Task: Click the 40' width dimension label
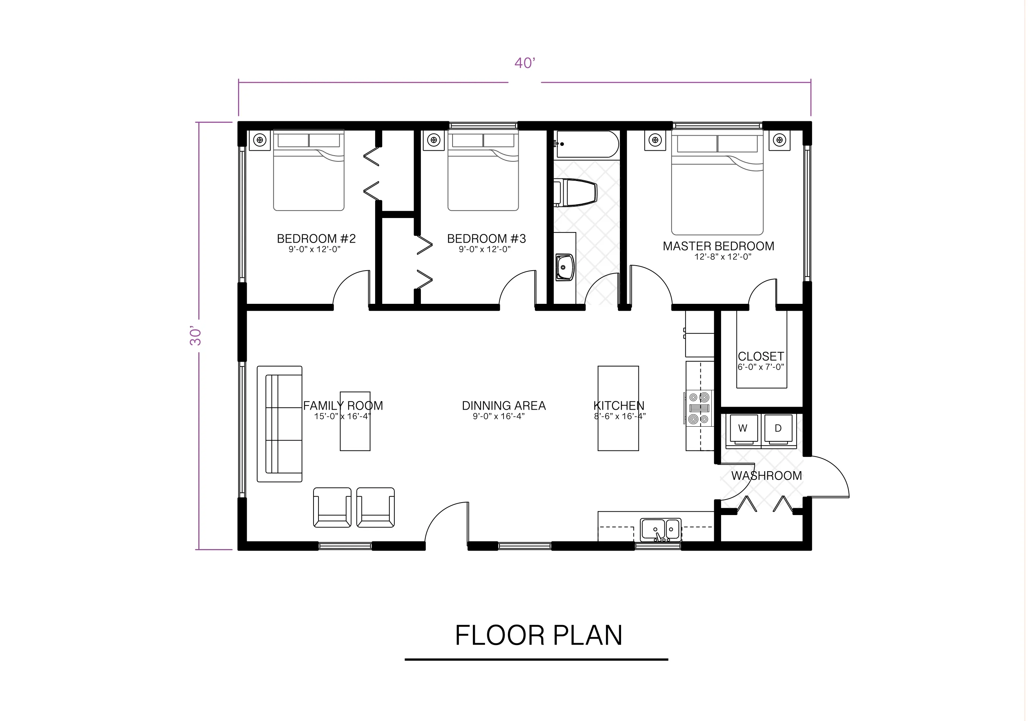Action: pyautogui.click(x=525, y=63)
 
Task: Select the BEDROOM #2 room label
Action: pyautogui.click(x=316, y=239)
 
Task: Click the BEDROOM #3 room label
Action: pyautogui.click(x=486, y=239)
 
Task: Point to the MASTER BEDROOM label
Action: pyautogui.click(x=718, y=246)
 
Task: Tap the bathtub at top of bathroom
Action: pyautogui.click(x=587, y=144)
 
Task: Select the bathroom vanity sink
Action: pyautogui.click(x=565, y=267)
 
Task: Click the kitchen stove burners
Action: pyautogui.click(x=699, y=408)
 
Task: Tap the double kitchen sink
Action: pyautogui.click(x=661, y=529)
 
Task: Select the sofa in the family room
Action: pyautogui.click(x=280, y=424)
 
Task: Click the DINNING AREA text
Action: pyautogui.click(x=504, y=406)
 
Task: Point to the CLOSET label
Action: pyautogui.click(x=761, y=356)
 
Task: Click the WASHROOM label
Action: pyautogui.click(x=766, y=476)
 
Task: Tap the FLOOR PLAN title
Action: pyautogui.click(x=538, y=635)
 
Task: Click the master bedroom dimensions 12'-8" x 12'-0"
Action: pyautogui.click(x=722, y=257)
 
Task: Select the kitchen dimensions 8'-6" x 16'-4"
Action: pyautogui.click(x=620, y=417)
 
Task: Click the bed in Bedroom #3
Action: pyautogui.click(x=483, y=171)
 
